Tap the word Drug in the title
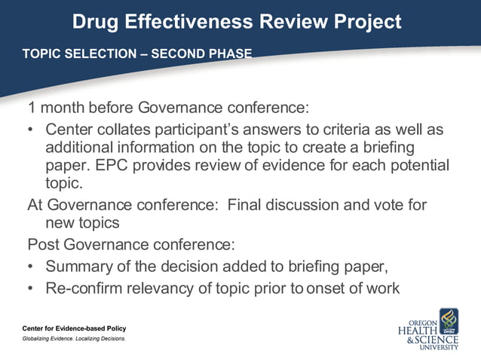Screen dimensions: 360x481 91,22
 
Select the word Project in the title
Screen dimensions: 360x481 366,22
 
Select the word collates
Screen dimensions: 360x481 121,130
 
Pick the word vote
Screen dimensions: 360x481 371,205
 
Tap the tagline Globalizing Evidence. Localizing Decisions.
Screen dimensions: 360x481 74,339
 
